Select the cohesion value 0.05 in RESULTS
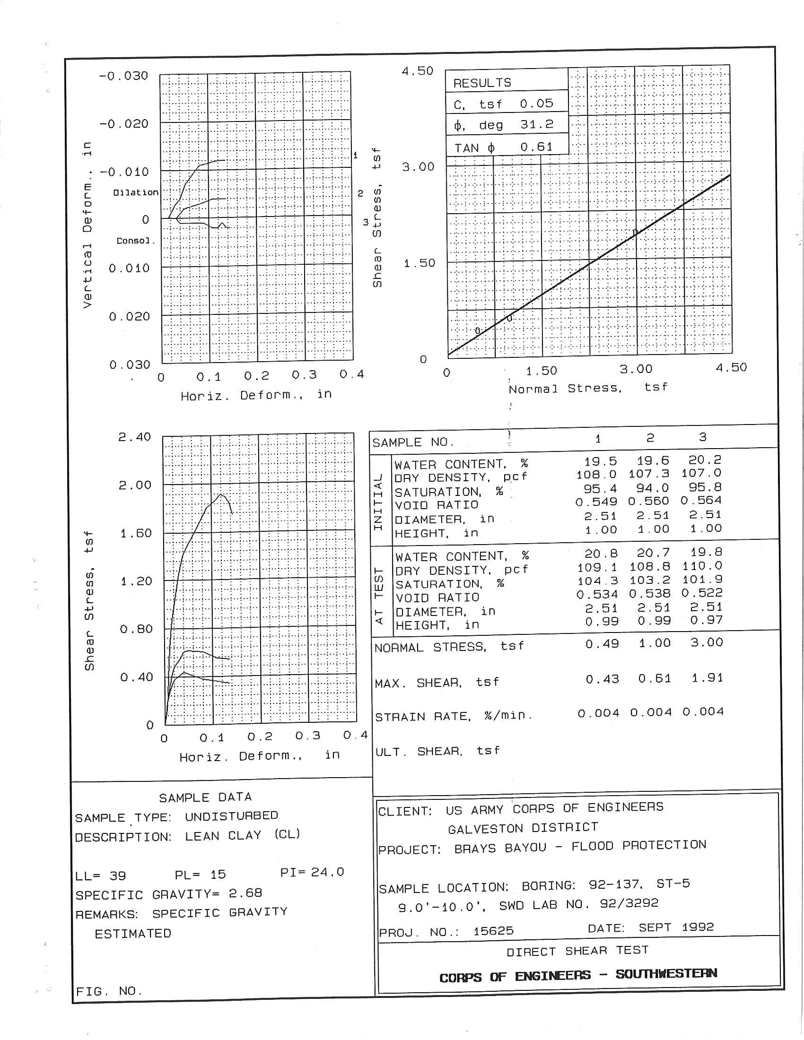point(536,104)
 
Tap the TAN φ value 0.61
point(536,147)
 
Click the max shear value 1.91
point(708,677)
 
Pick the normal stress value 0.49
point(602,644)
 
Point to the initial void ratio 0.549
point(596,502)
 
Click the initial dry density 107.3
point(648,474)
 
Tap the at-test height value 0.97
point(707,620)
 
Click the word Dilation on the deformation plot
point(136,192)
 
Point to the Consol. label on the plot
point(136,241)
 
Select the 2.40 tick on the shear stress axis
point(135,437)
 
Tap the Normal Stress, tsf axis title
point(588,388)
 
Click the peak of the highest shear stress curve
point(221,495)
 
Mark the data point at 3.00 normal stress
point(635,232)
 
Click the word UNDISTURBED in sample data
point(231,816)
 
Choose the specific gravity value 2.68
point(245,893)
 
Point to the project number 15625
point(493,930)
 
